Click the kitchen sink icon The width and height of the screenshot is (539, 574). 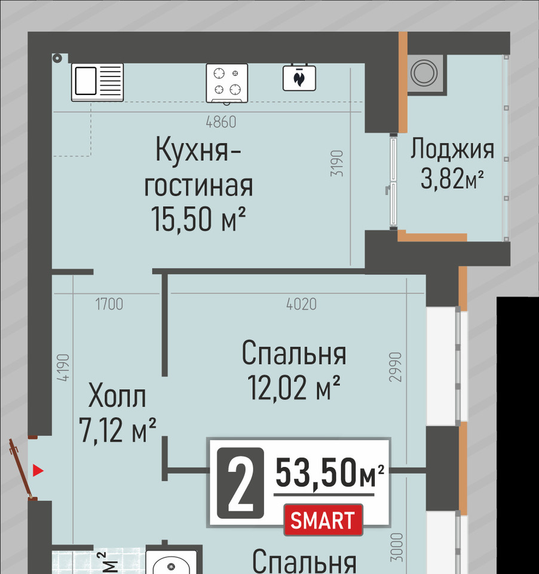click(x=97, y=83)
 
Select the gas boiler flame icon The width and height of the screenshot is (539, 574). click(x=299, y=78)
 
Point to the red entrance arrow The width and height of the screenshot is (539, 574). click(x=38, y=471)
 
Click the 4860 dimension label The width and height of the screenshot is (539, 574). click(x=221, y=122)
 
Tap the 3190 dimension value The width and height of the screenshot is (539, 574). click(x=337, y=163)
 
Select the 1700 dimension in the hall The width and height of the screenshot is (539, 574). click(x=109, y=304)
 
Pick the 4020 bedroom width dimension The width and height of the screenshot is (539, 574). click(x=302, y=304)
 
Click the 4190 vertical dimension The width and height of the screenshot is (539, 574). click(x=63, y=368)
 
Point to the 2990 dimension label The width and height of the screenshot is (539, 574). click(x=395, y=367)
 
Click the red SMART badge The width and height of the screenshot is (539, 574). click(x=323, y=520)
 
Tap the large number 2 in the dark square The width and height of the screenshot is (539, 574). click(x=240, y=483)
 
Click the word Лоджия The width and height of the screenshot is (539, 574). click(x=452, y=149)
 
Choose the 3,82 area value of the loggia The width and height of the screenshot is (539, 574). click(x=443, y=179)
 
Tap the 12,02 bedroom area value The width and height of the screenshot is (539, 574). click(x=277, y=388)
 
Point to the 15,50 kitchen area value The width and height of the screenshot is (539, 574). click(x=182, y=219)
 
